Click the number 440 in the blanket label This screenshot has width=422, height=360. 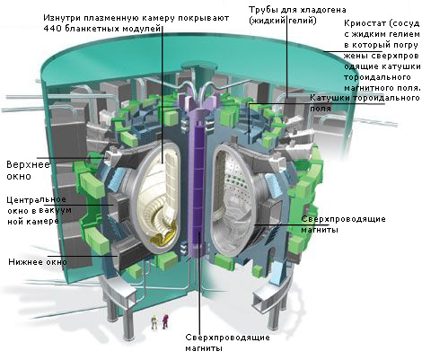click(51, 29)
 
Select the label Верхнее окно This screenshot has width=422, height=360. click(28, 171)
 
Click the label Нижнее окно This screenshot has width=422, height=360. click(38, 262)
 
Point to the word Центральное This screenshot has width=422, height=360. click(36, 199)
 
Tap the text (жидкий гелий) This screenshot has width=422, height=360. click(283, 22)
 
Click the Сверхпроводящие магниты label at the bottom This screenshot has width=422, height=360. click(227, 343)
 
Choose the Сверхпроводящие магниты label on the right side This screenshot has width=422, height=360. click(343, 224)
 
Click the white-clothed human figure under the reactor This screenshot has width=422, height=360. click(154, 322)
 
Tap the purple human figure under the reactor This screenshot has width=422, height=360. click(165, 321)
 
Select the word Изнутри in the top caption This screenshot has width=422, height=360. click(62, 18)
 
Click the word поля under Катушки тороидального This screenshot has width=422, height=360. click(321, 109)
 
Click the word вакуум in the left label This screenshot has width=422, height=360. click(56, 210)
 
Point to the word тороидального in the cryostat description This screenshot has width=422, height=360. click(377, 77)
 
